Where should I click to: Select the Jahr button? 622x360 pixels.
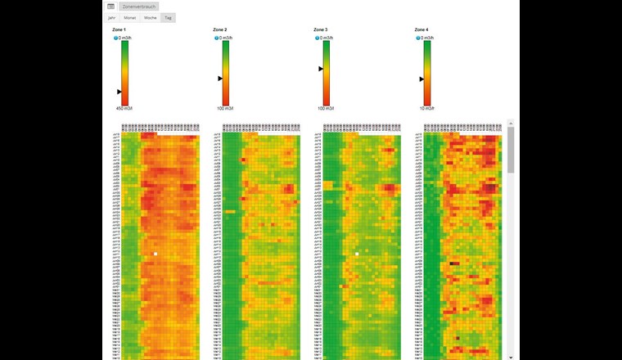pos(112,17)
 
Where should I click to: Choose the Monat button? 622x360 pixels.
pos(129,17)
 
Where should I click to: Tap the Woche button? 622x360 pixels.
pos(151,17)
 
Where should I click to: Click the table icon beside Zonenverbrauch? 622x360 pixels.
pos(111,6)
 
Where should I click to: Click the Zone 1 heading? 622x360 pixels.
pos(119,29)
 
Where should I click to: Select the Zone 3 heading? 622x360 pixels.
pos(321,29)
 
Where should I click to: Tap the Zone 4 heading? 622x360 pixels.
pos(422,29)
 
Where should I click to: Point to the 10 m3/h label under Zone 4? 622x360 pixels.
pos(425,108)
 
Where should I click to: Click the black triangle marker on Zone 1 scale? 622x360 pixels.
pos(119,92)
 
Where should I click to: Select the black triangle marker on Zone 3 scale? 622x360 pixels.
pos(321,69)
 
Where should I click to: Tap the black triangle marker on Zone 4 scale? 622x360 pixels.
pos(421,79)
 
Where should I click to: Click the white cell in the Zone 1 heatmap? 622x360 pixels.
pos(155,254)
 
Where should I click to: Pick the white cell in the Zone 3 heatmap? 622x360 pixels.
pos(357,254)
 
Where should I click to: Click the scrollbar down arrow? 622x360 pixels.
pos(512,357)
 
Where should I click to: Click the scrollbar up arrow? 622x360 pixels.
pos(512,123)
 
